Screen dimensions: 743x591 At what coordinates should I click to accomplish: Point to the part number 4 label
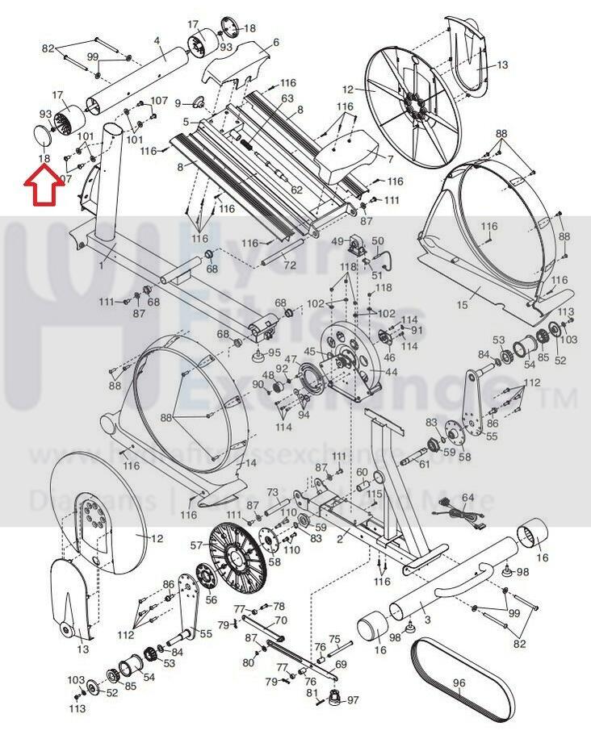click(x=157, y=40)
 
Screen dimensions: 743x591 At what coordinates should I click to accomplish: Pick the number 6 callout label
click(x=275, y=43)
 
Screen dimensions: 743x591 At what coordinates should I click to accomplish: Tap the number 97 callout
click(x=353, y=699)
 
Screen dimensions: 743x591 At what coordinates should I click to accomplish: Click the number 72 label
click(x=290, y=265)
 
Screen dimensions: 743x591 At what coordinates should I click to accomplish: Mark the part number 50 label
click(x=378, y=240)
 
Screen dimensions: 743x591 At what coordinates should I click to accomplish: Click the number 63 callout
click(x=287, y=98)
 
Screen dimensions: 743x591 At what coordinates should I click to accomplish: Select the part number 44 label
click(x=392, y=372)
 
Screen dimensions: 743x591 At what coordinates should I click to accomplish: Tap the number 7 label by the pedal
click(x=390, y=159)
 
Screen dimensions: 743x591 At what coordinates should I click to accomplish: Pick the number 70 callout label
click(x=281, y=620)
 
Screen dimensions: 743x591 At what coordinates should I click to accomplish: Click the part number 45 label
click(x=309, y=351)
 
